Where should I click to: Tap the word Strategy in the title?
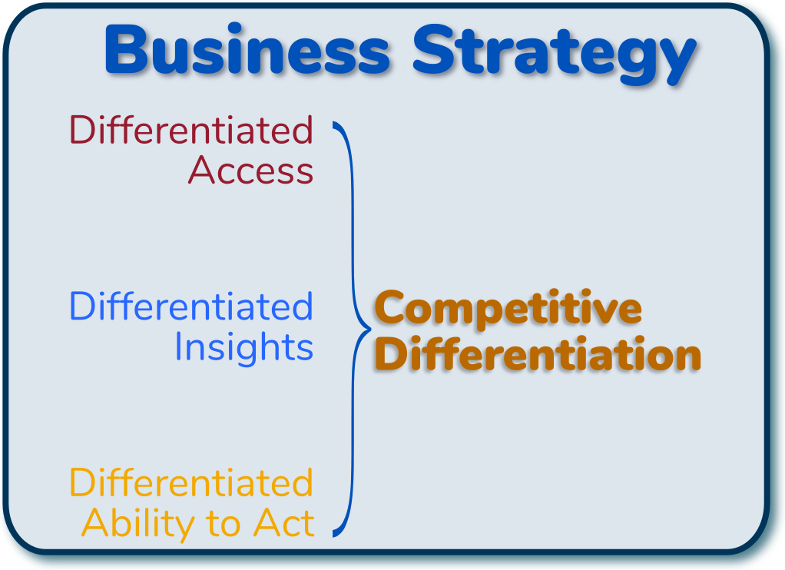pyautogui.click(x=555, y=54)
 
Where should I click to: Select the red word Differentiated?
pyautogui.click(x=191, y=130)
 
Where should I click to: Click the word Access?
pyautogui.click(x=251, y=171)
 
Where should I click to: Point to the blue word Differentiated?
pyautogui.click(x=191, y=306)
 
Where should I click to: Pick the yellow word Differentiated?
pyautogui.click(x=191, y=482)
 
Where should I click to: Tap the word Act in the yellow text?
pyautogui.click(x=284, y=523)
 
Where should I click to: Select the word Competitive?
pyautogui.click(x=508, y=309)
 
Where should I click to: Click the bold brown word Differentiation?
pyautogui.click(x=538, y=353)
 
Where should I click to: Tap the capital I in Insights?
pyautogui.click(x=178, y=346)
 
